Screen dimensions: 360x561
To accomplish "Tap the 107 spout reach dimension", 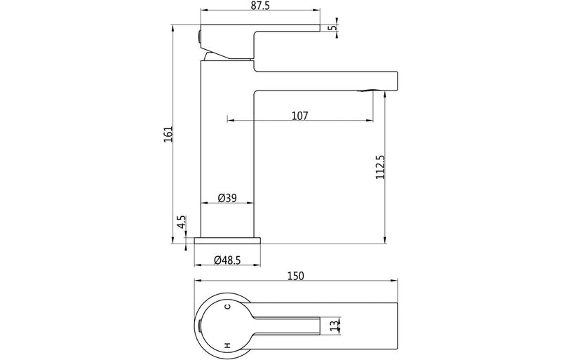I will point(300,115).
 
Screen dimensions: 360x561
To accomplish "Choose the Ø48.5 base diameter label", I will point(227,260).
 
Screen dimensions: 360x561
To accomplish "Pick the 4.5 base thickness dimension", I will point(181,223).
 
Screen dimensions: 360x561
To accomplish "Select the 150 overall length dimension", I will point(295,276).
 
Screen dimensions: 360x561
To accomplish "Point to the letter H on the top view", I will point(227,345).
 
